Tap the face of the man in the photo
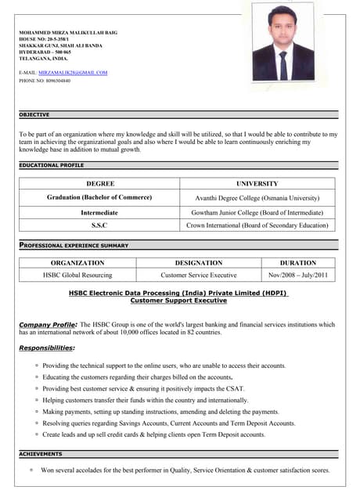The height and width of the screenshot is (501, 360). (283, 28)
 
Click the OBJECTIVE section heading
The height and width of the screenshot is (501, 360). (34, 114)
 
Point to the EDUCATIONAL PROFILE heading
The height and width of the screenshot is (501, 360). (51, 166)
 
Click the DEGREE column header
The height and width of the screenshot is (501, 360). (99, 183)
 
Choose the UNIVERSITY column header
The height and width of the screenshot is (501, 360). (257, 183)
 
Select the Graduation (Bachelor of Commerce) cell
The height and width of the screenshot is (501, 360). (99, 197)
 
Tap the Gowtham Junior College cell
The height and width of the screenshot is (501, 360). (257, 212)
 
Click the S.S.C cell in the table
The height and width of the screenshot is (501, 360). (99, 225)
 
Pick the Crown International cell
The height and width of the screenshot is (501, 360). (257, 225)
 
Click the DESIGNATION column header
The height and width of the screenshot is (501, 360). (198, 263)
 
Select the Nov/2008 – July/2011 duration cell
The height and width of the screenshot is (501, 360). (297, 276)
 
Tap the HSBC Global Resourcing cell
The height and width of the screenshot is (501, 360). (77, 276)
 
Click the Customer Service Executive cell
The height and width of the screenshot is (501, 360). (198, 276)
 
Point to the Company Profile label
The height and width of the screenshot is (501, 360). (48, 324)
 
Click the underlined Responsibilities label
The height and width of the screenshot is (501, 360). (47, 348)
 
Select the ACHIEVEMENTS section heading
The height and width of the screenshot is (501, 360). (40, 454)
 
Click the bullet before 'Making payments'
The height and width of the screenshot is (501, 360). (37, 412)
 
